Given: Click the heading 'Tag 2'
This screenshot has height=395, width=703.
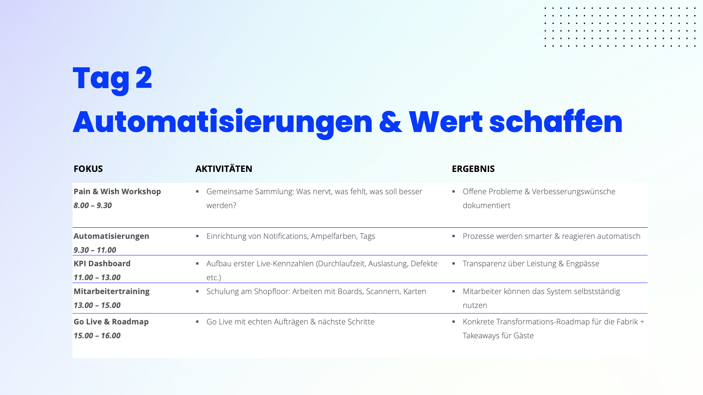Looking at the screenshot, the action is click(112, 79).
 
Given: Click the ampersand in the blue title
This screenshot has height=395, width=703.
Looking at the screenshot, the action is click(390, 122).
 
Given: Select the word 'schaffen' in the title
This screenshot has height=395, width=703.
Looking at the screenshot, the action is click(555, 121).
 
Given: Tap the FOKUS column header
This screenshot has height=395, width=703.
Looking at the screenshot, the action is click(88, 169).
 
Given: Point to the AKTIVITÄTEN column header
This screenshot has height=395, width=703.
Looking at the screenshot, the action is click(224, 169).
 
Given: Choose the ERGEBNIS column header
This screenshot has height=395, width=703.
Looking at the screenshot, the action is click(473, 169).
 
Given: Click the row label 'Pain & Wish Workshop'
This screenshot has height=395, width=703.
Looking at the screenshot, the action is click(117, 191).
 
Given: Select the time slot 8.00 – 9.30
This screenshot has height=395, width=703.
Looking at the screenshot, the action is click(93, 205).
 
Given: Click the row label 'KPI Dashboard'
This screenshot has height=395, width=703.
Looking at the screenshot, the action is click(102, 263).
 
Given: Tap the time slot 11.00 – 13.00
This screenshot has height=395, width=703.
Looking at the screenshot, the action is click(97, 277).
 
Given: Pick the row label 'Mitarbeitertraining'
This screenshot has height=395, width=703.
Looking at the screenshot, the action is click(112, 291).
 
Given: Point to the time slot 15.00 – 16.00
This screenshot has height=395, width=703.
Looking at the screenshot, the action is click(97, 335).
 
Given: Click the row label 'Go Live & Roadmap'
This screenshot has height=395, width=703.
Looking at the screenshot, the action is click(111, 321).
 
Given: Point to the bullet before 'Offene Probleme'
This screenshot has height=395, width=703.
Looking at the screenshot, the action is click(454, 191).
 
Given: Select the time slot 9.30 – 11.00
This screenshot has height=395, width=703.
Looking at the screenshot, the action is click(95, 250).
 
